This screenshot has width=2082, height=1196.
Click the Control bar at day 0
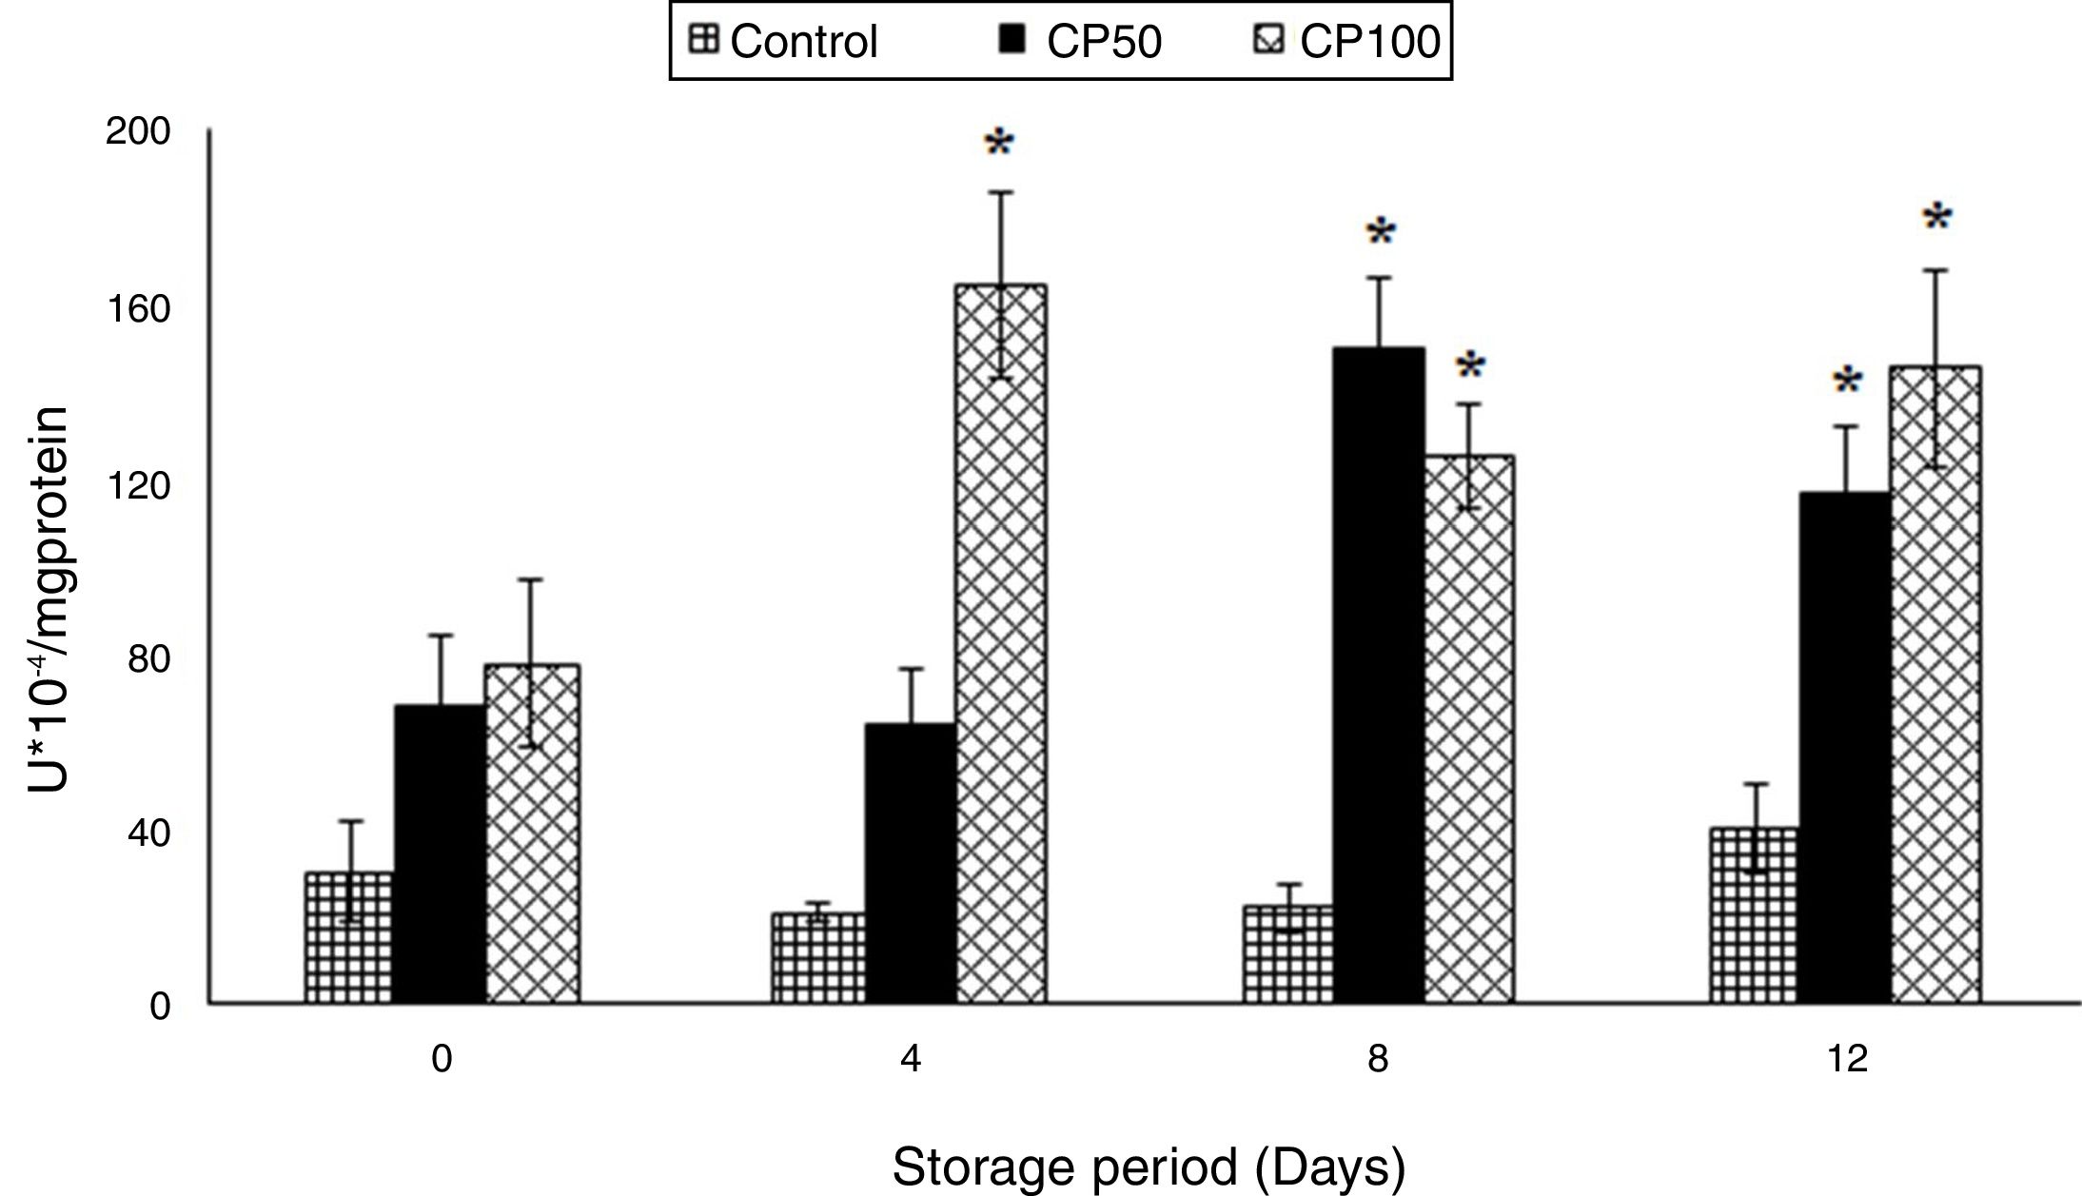pos(348,937)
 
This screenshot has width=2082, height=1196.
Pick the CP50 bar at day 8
pos(1379,676)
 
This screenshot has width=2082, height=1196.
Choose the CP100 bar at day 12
pos(1935,684)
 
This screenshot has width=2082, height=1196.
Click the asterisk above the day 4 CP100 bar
pos(999,146)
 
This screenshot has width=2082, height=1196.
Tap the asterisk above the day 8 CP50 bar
pos(1380,233)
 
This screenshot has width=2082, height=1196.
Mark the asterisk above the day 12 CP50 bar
pos(1848,382)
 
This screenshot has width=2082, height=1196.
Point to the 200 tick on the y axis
pos(138,131)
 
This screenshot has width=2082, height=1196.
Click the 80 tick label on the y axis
pos(148,658)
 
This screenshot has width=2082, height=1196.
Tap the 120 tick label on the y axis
pos(138,485)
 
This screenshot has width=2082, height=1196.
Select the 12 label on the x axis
pos(1848,1059)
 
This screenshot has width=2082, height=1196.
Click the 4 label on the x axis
pos(911,1059)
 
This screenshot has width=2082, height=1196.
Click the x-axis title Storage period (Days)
pos(1149,1167)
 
